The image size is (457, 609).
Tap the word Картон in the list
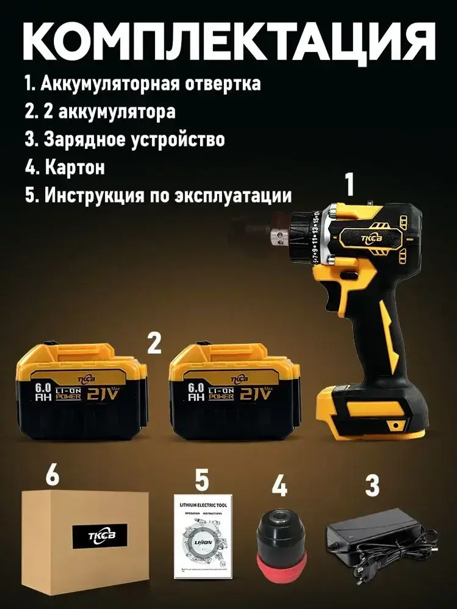(74, 168)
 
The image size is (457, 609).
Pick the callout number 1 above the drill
(350, 184)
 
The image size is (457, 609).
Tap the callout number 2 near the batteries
(154, 343)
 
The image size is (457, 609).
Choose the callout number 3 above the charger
(372, 486)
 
